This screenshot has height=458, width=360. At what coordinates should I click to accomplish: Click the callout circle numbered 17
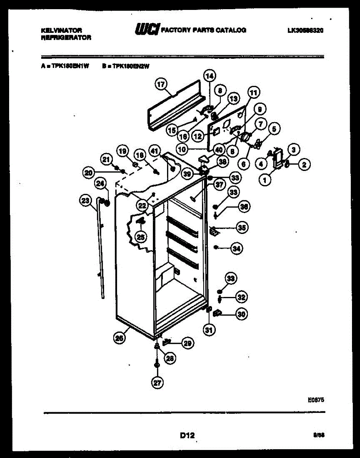coord(162,84)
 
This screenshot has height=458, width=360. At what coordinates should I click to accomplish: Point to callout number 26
coord(119,337)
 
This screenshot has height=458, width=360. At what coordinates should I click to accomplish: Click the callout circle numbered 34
coord(237,249)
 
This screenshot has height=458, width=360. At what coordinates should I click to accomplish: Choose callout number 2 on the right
coord(304,165)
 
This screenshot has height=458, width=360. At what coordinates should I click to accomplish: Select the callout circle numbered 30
coord(241,314)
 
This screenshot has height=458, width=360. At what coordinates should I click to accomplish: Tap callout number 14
coord(209,76)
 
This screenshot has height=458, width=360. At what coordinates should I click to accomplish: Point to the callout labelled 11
coord(254,92)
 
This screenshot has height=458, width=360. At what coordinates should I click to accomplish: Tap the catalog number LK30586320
coord(305,31)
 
